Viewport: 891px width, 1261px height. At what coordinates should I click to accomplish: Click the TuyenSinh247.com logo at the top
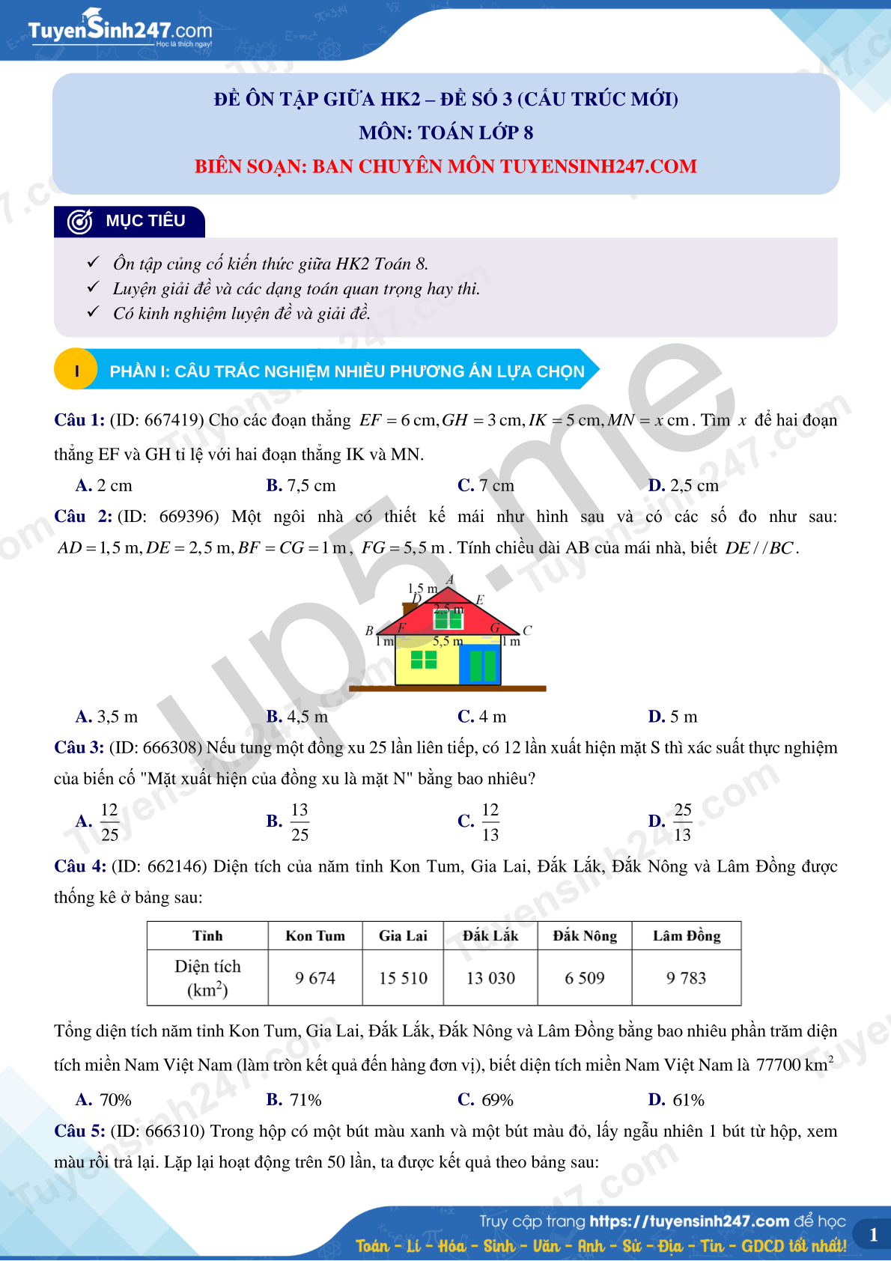pyautogui.click(x=120, y=30)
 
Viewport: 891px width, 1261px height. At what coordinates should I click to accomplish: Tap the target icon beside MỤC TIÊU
pyautogui.click(x=80, y=222)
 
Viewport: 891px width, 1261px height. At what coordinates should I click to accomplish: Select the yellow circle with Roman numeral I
pyautogui.click(x=76, y=371)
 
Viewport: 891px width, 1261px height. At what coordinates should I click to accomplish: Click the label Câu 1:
pyautogui.click(x=79, y=420)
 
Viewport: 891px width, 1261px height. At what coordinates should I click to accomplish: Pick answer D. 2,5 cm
pyautogui.click(x=684, y=485)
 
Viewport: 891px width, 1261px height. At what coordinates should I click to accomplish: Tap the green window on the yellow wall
pyautogui.click(x=424, y=660)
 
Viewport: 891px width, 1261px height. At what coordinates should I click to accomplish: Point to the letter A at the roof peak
pyautogui.click(x=450, y=580)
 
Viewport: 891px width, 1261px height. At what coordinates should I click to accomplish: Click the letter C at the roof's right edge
pyautogui.click(x=527, y=630)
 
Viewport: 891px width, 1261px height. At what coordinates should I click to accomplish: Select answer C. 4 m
pyautogui.click(x=482, y=717)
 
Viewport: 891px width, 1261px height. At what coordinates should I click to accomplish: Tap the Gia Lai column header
pyautogui.click(x=403, y=936)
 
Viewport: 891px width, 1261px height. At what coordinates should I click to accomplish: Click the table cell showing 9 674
pyautogui.click(x=315, y=978)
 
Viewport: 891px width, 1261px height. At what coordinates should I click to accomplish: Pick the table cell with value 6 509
pyautogui.click(x=585, y=978)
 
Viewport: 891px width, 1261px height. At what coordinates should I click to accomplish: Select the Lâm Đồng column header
pyautogui.click(x=687, y=936)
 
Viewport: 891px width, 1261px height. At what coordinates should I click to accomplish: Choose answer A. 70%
pyautogui.click(x=104, y=1100)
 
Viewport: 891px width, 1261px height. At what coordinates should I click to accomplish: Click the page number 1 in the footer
pyautogui.click(x=873, y=1236)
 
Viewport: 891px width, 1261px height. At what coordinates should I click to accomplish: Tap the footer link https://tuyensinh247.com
pyautogui.click(x=689, y=1221)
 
